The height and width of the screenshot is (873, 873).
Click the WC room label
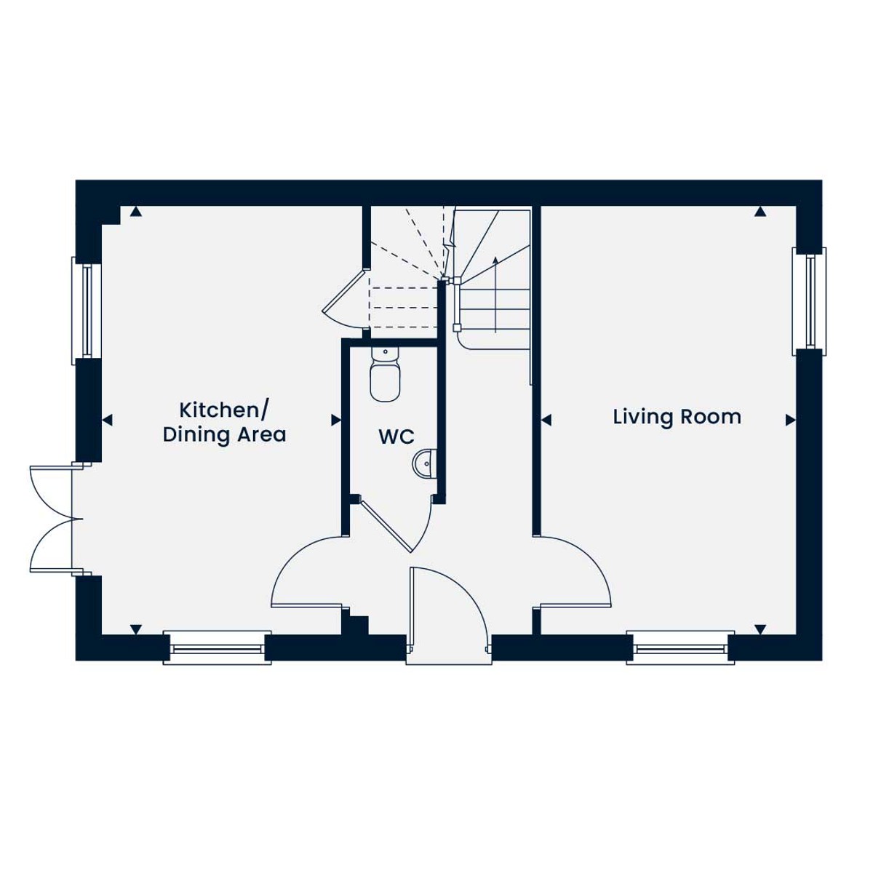coord(396,436)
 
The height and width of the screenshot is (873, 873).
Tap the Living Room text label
coord(677,417)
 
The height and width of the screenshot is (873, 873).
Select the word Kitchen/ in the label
coord(224,410)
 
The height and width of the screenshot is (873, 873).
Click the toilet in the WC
coord(385,374)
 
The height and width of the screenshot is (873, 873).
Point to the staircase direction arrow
coord(495,295)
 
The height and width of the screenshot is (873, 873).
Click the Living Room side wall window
coord(809,301)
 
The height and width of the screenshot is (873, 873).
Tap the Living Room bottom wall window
coord(680,649)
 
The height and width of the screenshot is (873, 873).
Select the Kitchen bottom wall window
coord(217,649)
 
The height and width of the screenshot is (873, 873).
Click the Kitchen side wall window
coord(86,311)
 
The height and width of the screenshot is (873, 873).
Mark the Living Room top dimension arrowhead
coord(760,212)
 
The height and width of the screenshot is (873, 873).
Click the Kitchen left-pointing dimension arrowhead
coord(107,420)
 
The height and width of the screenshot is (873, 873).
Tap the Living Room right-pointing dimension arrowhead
coord(791,420)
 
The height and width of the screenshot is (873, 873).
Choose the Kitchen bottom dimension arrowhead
coord(136,629)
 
